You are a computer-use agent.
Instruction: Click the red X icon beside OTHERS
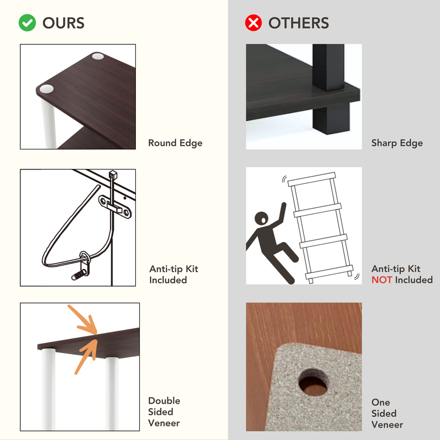253,23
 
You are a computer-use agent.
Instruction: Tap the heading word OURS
63,23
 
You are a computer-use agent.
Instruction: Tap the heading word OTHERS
298,23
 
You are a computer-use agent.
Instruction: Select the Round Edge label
175,143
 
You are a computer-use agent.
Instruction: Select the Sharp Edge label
397,143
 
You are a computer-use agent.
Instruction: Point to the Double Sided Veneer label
164,412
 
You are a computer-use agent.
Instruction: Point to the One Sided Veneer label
387,414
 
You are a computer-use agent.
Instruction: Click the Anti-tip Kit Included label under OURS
173,274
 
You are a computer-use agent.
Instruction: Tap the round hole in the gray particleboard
313,382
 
